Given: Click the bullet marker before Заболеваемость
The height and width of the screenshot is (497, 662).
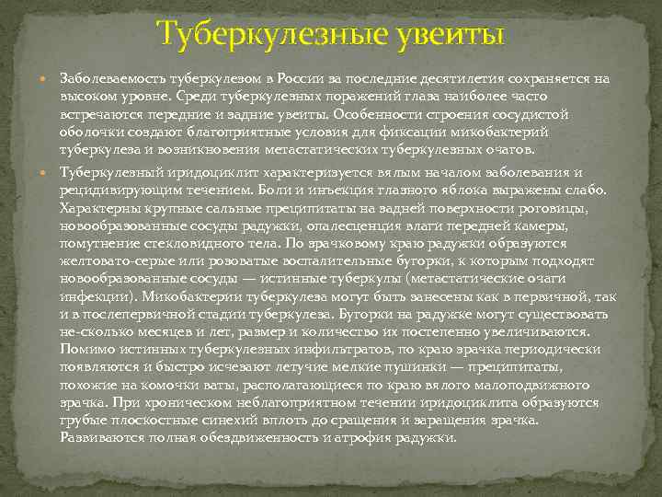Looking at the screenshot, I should tap(47, 80).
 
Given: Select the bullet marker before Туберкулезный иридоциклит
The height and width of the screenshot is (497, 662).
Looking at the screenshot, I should tap(47, 172).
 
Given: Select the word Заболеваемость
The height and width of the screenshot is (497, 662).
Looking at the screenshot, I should tap(114, 79).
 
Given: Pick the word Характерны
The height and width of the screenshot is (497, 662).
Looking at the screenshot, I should tap(96, 208).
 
